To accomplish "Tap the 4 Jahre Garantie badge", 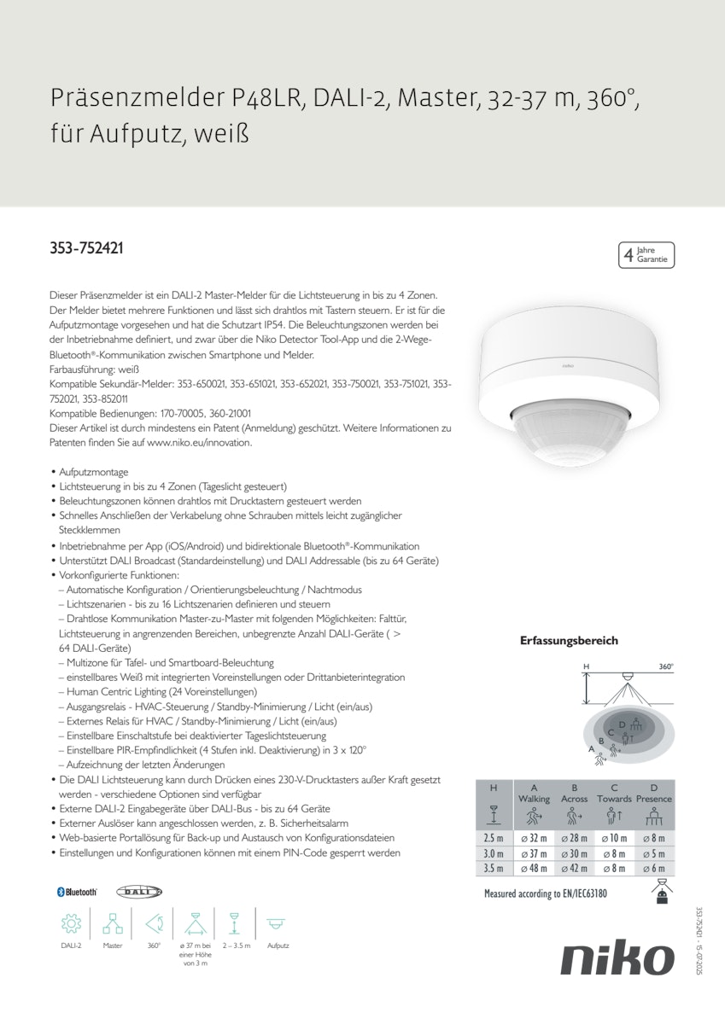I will point(646,254).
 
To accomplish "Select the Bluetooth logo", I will point(77,891).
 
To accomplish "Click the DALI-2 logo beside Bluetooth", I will point(138,891).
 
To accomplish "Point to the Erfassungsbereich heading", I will point(569,641).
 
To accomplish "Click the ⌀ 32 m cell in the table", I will point(534,839).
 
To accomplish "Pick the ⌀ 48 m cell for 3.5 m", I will point(534,868).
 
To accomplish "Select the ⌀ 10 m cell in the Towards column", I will point(614,839).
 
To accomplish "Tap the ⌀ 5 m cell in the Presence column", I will point(654,853).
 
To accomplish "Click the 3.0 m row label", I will point(494,853).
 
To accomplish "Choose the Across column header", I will point(574,799).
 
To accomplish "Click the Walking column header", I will point(534,799).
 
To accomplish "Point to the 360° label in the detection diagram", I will point(666,666).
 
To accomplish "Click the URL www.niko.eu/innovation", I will point(199,444).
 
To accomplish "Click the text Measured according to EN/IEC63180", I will point(545,894).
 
